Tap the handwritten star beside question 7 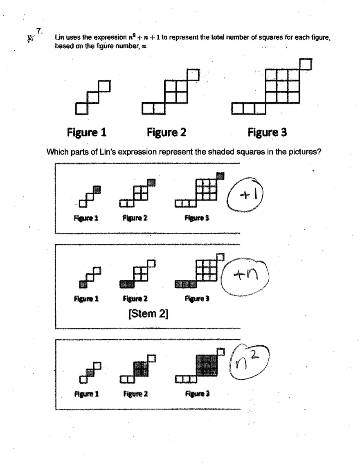pos(29,38)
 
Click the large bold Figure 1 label pos(87,133)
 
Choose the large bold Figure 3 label pos(267,133)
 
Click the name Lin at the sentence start pos(59,38)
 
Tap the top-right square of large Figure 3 pos(306,65)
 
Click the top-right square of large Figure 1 pos(104,87)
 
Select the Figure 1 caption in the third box pos(86,394)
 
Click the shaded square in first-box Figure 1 pos(97,189)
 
